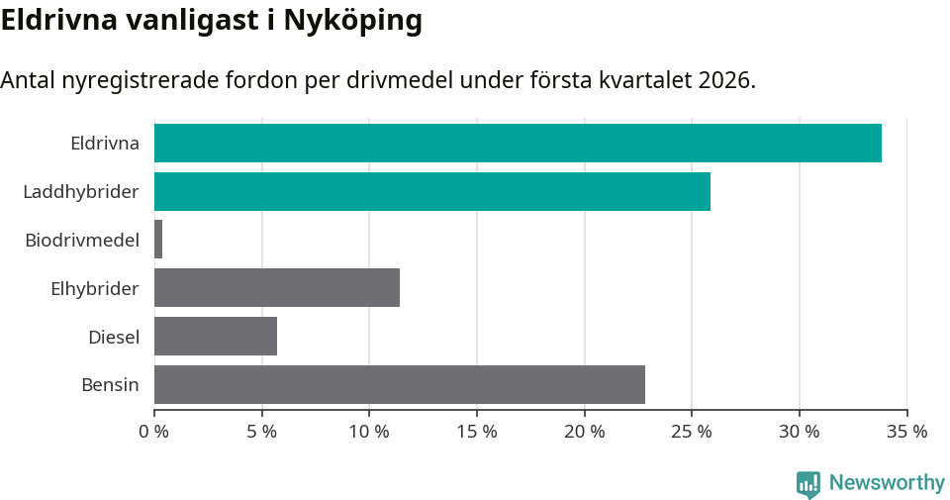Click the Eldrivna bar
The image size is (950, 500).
coord(518,143)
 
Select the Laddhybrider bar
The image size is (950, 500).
coord(432,191)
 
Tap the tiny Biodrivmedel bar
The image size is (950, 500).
coord(158,240)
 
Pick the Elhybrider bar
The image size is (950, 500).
coord(277,288)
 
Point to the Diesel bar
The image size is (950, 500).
coord(216,337)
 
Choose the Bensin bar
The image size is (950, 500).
coord(400,384)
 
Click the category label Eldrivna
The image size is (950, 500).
coord(105,143)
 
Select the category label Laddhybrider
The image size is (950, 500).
coord(81,191)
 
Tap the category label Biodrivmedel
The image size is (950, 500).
coord(82,240)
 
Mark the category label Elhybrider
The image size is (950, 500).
coord(95,288)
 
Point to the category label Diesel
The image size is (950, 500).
coord(114,337)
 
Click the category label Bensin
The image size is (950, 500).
coord(110,384)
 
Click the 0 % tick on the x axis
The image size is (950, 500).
coord(154,432)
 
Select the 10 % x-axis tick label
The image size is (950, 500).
coord(369,432)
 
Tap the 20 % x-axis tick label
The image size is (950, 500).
coord(584,432)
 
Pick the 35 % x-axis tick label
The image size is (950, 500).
coord(906,432)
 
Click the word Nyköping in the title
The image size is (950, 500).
coord(352,21)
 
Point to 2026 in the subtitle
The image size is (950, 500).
coord(726,80)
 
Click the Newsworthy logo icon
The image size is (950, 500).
coord(808,484)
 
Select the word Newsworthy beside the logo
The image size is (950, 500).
coord(887,483)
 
